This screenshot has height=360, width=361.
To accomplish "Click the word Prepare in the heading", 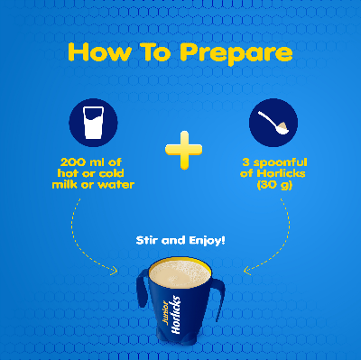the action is (236, 53).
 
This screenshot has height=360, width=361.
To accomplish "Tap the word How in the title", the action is (99, 52).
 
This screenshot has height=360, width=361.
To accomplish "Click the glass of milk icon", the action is (93, 123).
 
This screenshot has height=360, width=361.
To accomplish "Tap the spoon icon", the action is (273, 123).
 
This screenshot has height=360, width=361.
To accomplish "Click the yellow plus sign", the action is (183, 150).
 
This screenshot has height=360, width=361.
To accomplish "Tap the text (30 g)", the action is (274, 185).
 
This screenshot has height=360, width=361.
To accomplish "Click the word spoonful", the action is (280, 163).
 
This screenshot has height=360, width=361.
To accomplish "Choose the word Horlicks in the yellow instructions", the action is (281, 173).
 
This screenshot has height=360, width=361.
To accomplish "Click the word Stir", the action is (147, 241).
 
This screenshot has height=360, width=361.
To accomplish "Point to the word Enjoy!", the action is (207, 241).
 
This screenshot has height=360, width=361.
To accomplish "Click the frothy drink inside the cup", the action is (180, 273).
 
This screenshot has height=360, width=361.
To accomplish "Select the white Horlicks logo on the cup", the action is (176, 315).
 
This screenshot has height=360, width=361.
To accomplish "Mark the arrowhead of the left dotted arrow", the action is (115, 271).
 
